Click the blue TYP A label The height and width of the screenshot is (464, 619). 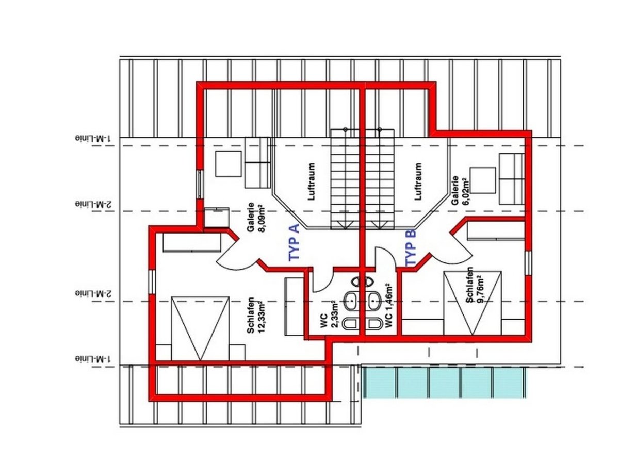click(294, 242)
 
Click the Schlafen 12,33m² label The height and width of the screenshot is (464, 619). click(255, 316)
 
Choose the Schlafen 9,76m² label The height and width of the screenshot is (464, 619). click(475, 285)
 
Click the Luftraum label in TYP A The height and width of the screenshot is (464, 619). click(312, 181)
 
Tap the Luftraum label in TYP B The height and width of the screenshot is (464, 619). click(418, 181)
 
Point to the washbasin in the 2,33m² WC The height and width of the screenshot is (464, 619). click(352, 301)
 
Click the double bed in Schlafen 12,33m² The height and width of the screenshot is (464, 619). click(200, 328)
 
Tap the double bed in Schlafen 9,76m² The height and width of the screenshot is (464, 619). click(473, 303)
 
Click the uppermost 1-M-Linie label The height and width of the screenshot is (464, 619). click(93, 139)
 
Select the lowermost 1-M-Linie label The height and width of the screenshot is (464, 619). click(93, 359)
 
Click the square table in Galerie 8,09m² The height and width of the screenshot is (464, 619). click(229, 163)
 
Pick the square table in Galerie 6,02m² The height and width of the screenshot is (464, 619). click(482, 180)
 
